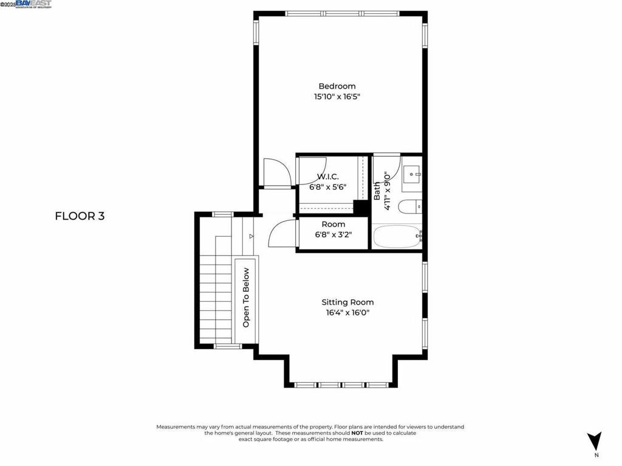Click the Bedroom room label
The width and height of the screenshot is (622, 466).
tap(337, 86)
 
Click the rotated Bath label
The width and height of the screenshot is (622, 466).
tap(377, 191)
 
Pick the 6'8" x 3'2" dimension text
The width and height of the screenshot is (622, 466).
tap(333, 235)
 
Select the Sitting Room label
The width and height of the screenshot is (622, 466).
tap(347, 302)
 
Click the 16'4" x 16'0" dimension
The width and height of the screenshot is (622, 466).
tap(347, 312)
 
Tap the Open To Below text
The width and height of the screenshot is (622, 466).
tap(246, 297)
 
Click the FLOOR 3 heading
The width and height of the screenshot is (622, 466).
tap(80, 215)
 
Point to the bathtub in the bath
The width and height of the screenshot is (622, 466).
tap(396, 237)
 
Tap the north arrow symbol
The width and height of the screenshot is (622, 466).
tap(595, 441)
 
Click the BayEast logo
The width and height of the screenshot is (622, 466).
tap(33, 4)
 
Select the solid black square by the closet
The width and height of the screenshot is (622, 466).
tap(362, 207)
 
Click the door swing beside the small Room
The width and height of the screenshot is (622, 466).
tap(281, 234)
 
